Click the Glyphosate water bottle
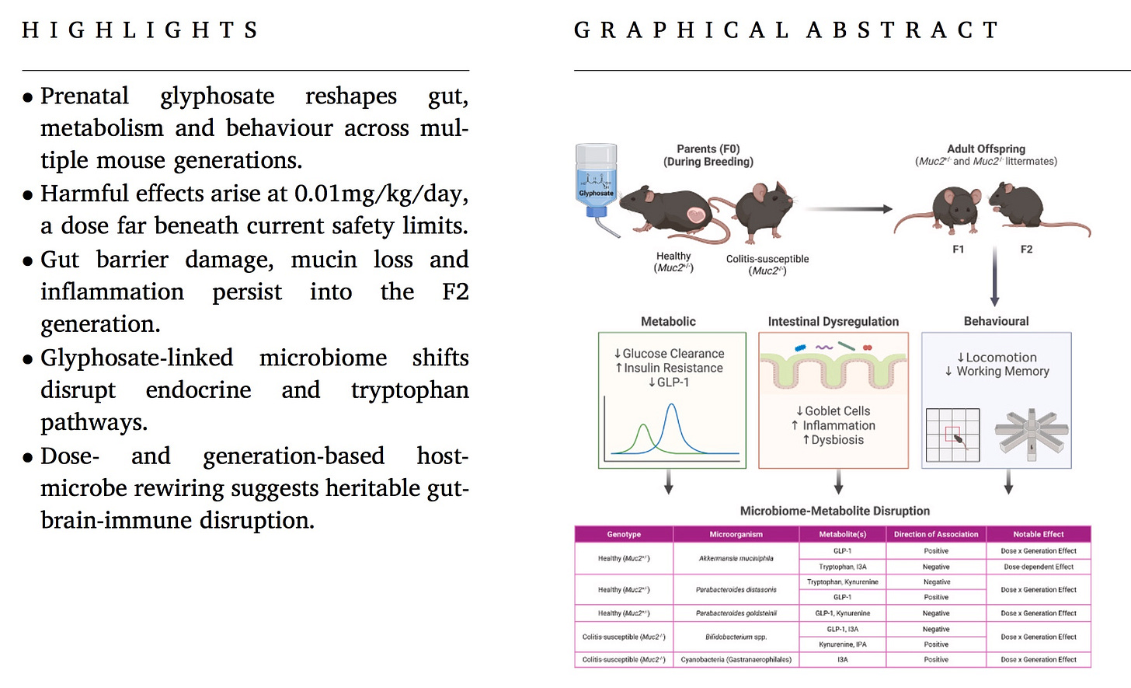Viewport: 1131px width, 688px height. (596, 183)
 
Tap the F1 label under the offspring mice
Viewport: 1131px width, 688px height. (959, 250)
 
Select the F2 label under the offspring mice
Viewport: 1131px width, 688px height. (1026, 250)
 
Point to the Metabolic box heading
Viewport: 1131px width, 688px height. (668, 322)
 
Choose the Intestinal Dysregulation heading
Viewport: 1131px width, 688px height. (833, 322)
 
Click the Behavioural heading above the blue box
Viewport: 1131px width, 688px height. (996, 322)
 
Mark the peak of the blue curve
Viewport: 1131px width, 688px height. (672, 405)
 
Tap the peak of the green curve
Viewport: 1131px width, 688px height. (643, 425)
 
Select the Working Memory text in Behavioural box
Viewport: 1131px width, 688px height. (1002, 372)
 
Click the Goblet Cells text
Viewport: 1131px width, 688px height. (833, 411)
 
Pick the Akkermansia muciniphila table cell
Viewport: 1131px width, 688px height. (736, 558)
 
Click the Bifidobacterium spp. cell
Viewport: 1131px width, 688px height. (736, 637)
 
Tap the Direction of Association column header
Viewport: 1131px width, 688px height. (936, 534)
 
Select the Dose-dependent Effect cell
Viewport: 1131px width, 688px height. (1039, 567)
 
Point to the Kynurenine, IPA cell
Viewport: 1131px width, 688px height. (842, 644)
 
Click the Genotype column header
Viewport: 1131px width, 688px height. (624, 534)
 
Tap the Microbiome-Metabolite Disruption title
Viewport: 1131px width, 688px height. (834, 511)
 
